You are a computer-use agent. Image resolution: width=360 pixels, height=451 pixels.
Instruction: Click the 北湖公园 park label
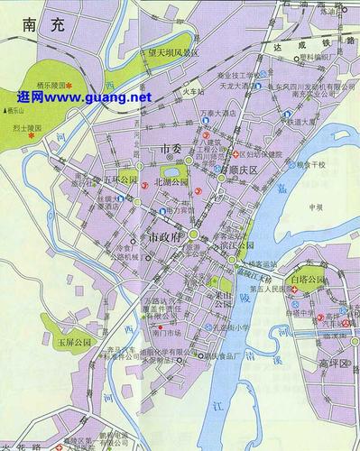[x=171, y=181]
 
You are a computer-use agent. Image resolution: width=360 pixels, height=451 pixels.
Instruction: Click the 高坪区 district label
[x=335, y=363]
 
